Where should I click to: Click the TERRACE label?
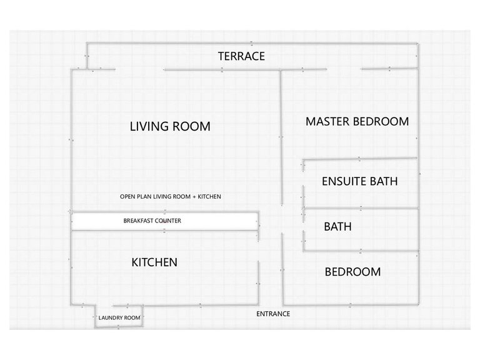tap(241, 56)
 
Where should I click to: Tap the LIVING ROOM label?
tap(170, 126)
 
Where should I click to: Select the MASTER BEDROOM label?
tap(357, 121)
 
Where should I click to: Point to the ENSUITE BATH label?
tap(360, 181)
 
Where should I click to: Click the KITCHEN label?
tap(154, 262)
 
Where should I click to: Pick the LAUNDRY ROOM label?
tap(119, 317)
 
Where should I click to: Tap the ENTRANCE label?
tap(273, 314)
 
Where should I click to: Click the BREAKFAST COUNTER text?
tap(152, 221)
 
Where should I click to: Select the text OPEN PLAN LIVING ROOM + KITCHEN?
tap(170, 196)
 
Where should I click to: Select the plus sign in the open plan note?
tap(194, 197)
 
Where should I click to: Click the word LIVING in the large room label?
tap(149, 126)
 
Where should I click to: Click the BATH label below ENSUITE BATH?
tap(337, 226)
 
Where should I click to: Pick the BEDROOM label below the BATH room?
tap(352, 272)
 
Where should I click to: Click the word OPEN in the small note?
tap(127, 196)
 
